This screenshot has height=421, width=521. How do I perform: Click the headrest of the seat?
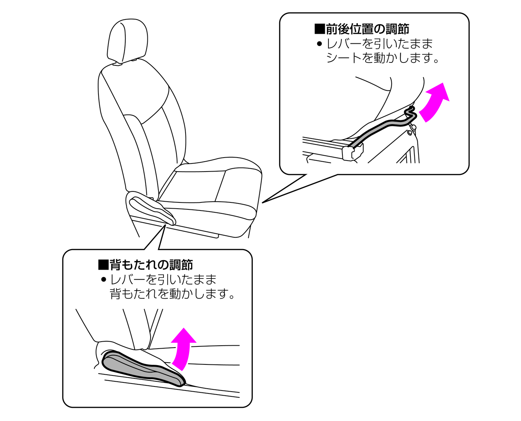127,40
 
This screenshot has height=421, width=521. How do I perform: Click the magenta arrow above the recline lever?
183,348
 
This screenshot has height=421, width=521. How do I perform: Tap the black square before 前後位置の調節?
319,29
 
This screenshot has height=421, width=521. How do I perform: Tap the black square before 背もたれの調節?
103,265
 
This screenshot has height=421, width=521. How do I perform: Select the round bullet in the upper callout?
319,44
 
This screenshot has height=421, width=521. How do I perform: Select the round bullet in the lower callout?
104,280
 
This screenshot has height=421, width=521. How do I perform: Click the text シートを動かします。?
383,58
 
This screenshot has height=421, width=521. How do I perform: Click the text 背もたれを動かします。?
172,294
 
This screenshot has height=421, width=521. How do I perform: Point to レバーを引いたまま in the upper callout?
380,44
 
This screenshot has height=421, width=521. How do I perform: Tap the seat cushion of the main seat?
211,193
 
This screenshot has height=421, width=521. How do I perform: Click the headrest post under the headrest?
118,64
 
